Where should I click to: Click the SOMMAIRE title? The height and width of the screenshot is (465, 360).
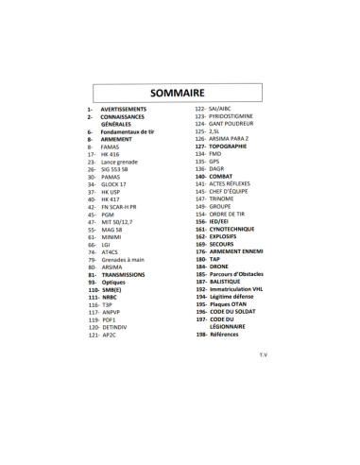180,93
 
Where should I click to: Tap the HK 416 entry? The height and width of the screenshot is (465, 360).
112,154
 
